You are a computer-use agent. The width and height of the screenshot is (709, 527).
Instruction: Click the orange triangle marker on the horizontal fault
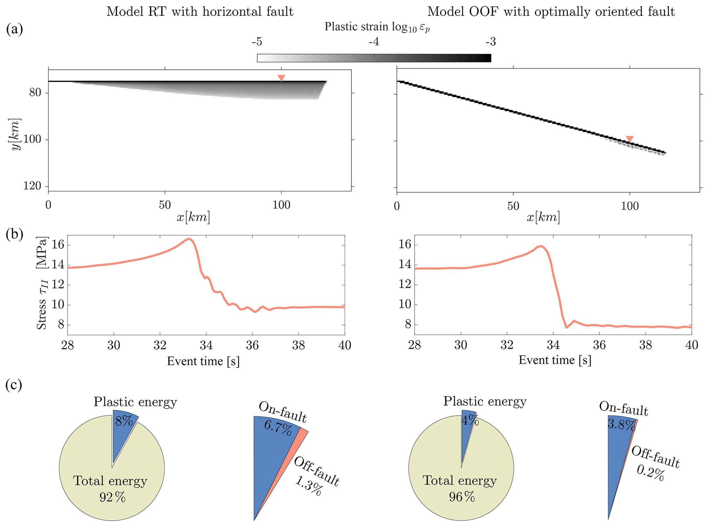[x=281, y=78]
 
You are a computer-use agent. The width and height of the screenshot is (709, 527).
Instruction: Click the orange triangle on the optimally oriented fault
[x=629, y=139]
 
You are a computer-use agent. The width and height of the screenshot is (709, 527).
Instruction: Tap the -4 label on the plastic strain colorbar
[x=374, y=42]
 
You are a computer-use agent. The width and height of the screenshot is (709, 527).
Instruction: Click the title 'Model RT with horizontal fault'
[x=200, y=12]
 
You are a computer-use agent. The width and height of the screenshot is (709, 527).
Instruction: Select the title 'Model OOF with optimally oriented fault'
[x=551, y=12]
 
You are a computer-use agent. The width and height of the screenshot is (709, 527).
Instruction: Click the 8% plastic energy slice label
[x=124, y=421]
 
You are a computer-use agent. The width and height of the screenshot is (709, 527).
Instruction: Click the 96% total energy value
[x=462, y=496]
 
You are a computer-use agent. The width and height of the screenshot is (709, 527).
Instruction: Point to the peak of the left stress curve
[x=189, y=239]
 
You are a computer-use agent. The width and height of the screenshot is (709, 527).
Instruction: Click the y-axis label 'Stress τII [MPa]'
[x=42, y=283]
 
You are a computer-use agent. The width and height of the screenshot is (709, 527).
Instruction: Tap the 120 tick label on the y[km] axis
[x=32, y=186]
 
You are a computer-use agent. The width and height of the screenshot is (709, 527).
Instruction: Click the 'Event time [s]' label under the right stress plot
[x=555, y=360]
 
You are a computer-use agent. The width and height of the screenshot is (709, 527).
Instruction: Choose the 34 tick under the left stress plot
[x=206, y=345]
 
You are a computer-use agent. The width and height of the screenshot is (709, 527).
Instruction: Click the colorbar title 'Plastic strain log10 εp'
[x=377, y=27]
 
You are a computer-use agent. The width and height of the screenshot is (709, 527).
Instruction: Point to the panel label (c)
[x=14, y=385]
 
